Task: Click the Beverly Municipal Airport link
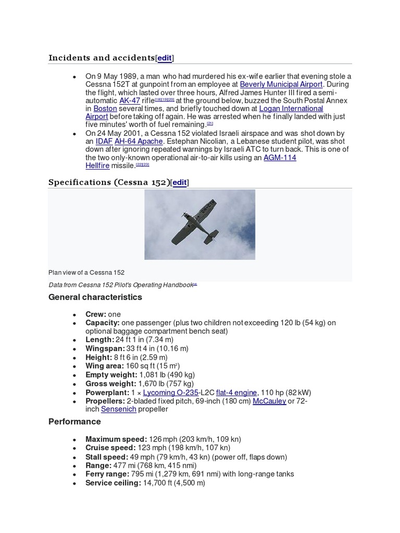(x=281, y=84)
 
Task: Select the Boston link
(x=105, y=108)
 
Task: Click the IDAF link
(x=104, y=142)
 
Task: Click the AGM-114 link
(x=280, y=157)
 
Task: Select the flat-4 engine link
(x=236, y=392)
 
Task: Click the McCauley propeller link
(x=269, y=401)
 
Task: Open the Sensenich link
(x=118, y=409)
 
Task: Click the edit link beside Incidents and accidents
(x=165, y=58)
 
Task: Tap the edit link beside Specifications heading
(x=179, y=182)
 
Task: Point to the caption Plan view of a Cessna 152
(x=86, y=272)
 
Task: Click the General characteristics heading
(x=95, y=297)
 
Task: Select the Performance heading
(x=74, y=421)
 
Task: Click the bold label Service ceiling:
(x=113, y=483)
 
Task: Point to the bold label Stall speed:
(x=106, y=457)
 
